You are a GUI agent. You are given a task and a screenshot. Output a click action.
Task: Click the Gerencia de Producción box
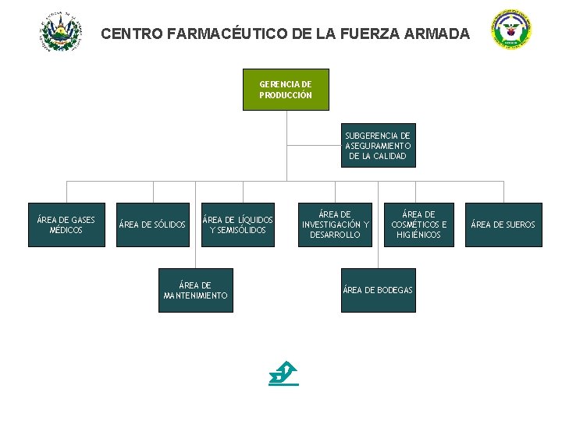point(286,90)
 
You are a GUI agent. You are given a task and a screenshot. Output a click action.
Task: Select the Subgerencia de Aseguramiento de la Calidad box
point(378,146)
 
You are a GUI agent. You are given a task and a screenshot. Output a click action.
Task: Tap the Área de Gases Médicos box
point(66,225)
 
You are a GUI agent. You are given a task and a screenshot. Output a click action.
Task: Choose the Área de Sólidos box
point(153,225)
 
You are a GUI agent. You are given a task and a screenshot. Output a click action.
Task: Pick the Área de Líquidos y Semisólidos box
point(238,225)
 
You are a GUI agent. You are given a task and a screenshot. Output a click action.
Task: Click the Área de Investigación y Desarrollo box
point(336,225)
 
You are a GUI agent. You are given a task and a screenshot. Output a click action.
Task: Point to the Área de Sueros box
point(503,225)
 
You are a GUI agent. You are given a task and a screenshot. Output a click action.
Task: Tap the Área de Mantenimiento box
point(195,290)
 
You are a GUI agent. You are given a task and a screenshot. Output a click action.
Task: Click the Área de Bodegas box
point(378,290)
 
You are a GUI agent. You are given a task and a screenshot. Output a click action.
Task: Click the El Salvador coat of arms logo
point(60,32)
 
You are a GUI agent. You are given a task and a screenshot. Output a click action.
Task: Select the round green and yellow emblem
point(511,30)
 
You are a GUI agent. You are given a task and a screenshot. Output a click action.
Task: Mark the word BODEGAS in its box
point(395,290)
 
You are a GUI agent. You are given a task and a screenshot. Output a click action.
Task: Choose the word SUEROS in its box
point(521,225)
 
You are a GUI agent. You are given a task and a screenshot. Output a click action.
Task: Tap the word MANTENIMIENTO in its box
point(196,296)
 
